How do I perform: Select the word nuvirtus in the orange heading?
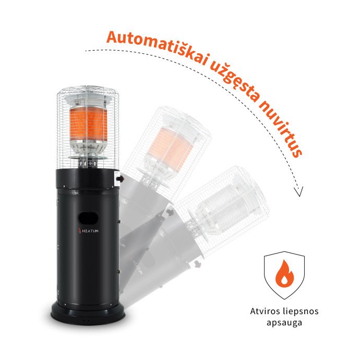coord(282,130)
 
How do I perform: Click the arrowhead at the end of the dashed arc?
coord(299,191)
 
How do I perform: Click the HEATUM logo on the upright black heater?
coord(88,231)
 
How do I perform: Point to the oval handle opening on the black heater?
coord(89,218)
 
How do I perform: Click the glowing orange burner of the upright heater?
coord(88,124)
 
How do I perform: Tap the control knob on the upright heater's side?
coord(120,178)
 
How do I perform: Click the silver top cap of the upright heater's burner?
coord(88,100)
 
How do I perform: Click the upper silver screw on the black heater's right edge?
coord(119,222)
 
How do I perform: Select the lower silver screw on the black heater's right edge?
coord(119,272)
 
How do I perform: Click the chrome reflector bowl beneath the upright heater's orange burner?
coord(88,147)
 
